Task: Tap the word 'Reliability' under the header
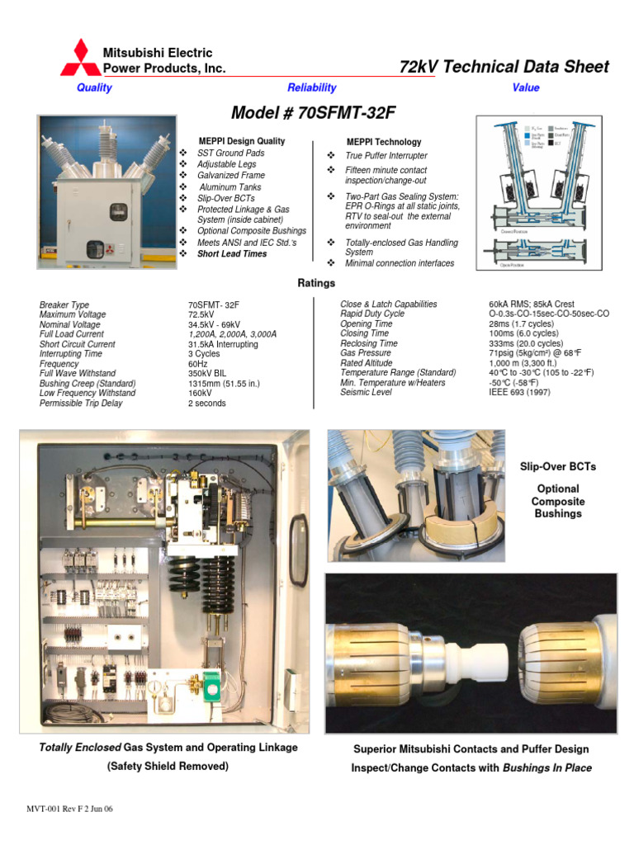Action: pos(311,87)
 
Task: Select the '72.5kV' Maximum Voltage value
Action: pos(202,314)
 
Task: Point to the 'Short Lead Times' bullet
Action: pos(232,254)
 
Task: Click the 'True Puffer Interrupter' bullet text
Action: pos(386,155)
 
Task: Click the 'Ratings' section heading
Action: pos(316,283)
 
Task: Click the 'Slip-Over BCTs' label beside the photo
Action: pos(557,467)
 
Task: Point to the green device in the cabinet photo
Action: pos(212,682)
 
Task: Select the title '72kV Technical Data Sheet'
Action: pos(504,67)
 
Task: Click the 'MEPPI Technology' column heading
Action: pos(384,142)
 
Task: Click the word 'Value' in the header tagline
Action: pos(525,87)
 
